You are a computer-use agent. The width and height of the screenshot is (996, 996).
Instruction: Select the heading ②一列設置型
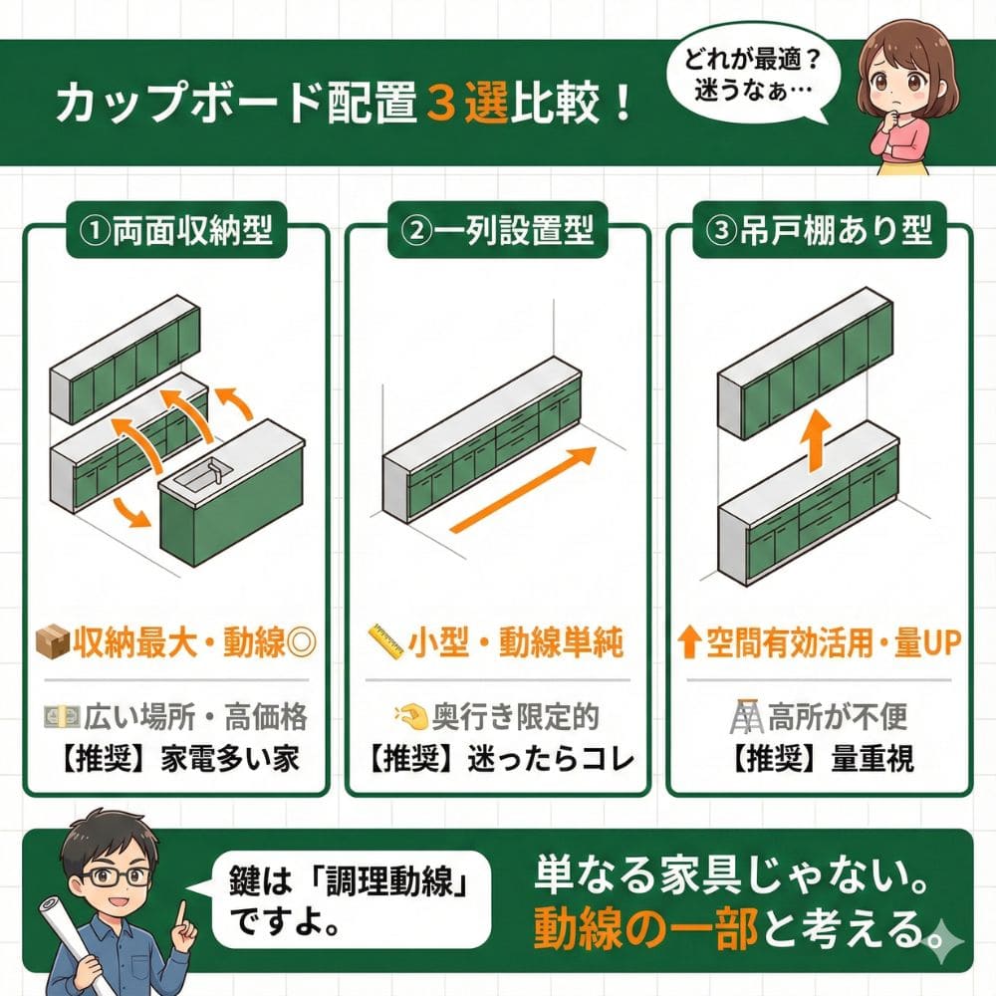[x=497, y=231]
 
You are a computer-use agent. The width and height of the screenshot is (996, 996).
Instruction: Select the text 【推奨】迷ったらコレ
[x=497, y=760]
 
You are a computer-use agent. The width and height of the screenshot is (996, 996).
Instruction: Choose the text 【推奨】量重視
[x=822, y=760]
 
